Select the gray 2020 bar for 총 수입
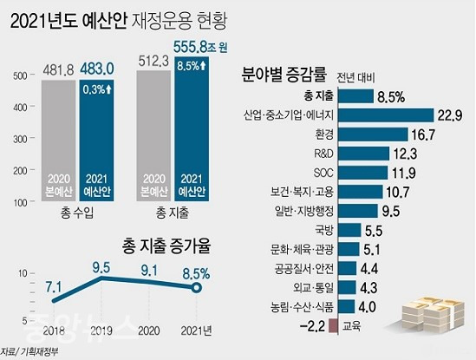point(58,141)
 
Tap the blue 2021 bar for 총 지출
point(192,128)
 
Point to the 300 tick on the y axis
point(20,139)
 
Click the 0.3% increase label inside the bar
point(97,89)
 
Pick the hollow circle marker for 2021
point(197,287)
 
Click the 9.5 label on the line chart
point(101,268)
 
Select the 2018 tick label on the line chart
point(54,331)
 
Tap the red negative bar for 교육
point(334,326)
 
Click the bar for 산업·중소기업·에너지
point(386,115)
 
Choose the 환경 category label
point(324,134)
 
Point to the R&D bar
point(363,154)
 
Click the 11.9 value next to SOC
point(404,173)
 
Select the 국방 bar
point(349,230)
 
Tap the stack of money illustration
point(434,314)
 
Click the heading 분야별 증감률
point(284,75)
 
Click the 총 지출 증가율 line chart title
point(166,246)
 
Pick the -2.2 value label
point(312,326)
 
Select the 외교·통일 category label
point(313,287)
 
